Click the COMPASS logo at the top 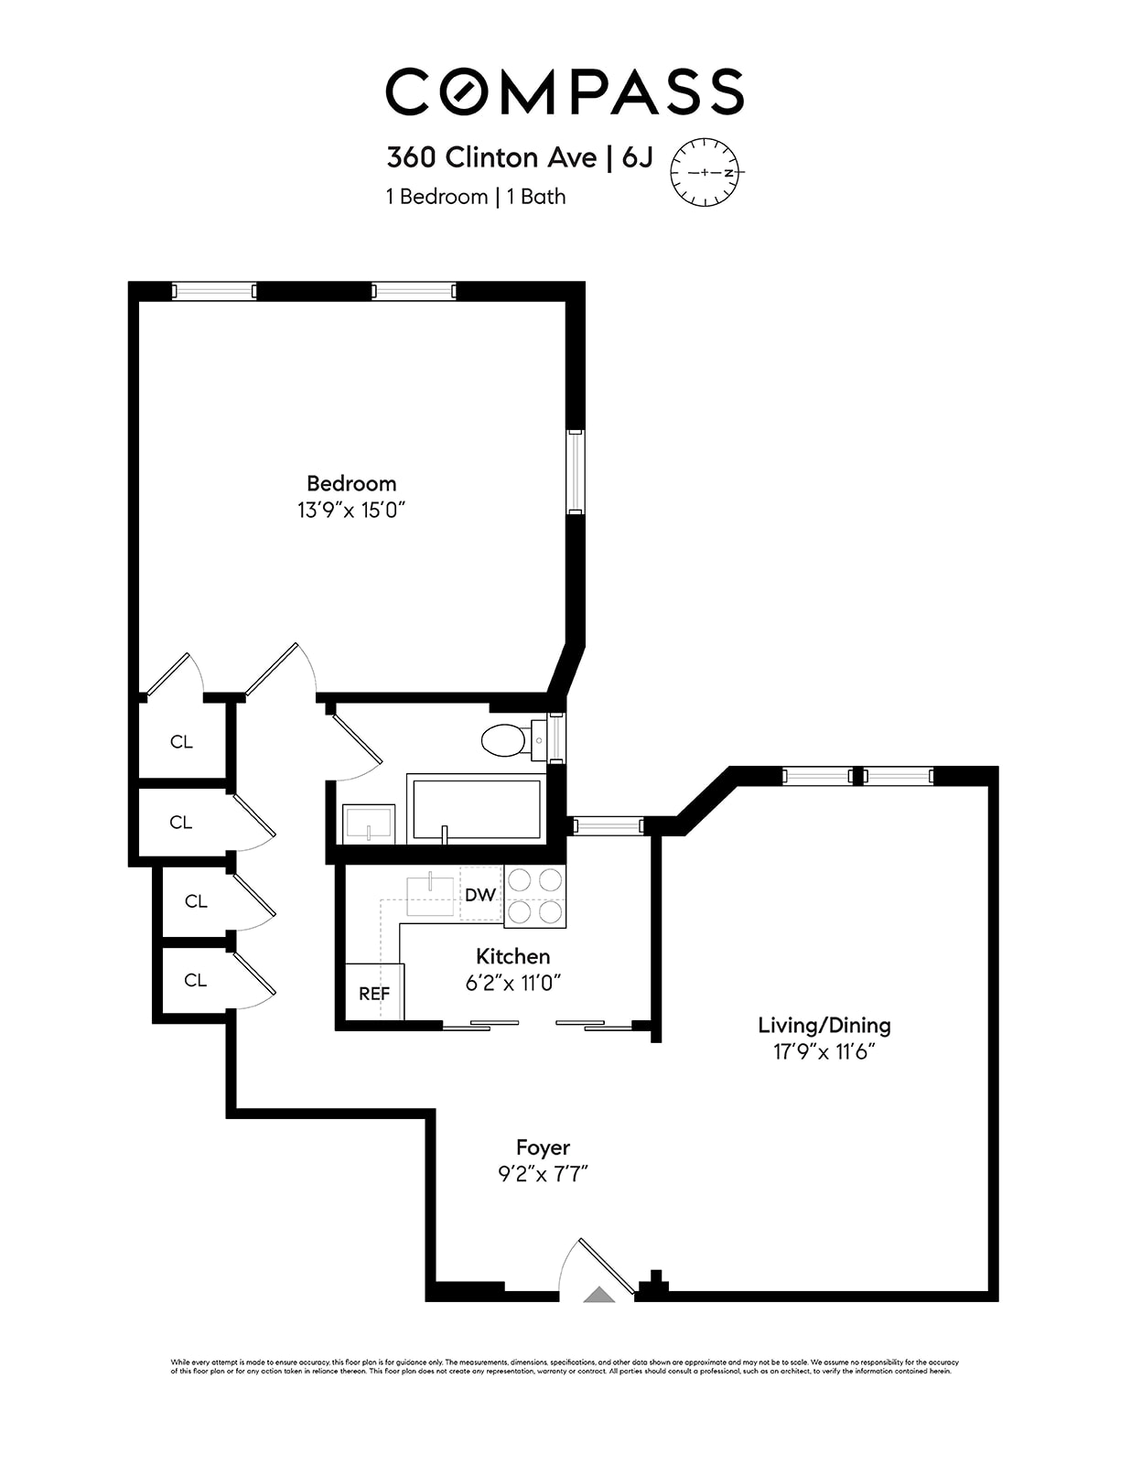pos(565,91)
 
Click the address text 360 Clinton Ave pos(490,157)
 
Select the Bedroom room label pos(351,483)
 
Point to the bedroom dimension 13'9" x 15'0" pos(351,510)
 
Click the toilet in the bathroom pos(505,739)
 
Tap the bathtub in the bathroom pos(476,808)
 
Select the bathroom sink pos(369,823)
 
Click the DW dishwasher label pos(480,894)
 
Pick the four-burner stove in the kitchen pos(535,896)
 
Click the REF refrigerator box pos(374,993)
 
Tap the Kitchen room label pos(512,956)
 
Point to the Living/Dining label pos(824,1025)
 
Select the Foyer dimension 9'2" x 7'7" pos(543,1174)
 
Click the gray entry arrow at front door pos(599,1294)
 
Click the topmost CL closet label pos(181,741)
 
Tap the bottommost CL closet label pos(195,980)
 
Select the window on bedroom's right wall pos(575,472)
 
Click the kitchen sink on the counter pos(430,894)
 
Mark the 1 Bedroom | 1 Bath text pos(476,197)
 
